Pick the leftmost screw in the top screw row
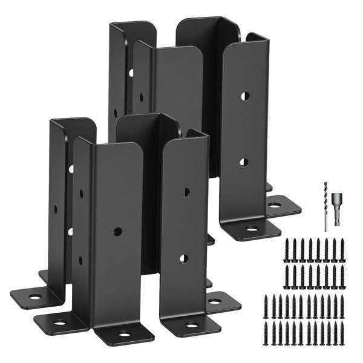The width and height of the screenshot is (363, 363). [288, 247]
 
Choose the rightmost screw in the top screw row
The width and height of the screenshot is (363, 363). [342, 247]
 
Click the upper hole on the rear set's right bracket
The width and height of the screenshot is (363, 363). [244, 96]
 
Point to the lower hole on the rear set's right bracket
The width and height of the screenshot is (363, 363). [243, 162]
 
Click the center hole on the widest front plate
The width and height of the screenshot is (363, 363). [117, 231]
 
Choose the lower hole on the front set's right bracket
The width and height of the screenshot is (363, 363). [184, 258]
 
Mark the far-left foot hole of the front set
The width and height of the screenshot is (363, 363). [35, 297]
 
